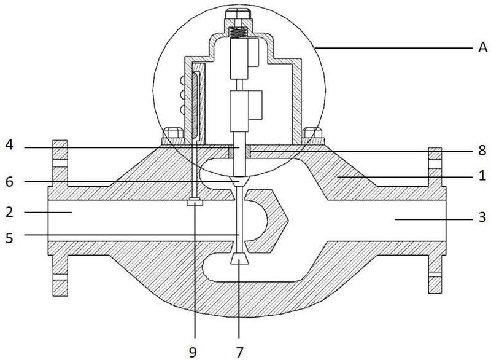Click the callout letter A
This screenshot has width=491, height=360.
[x=482, y=48]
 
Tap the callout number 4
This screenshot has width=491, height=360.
[x=10, y=145]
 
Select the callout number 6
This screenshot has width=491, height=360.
[x=10, y=182]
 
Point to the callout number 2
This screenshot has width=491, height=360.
[x=10, y=213]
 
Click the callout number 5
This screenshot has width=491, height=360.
[x=10, y=238]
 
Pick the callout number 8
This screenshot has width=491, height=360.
[x=482, y=151]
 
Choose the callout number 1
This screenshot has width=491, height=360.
[x=482, y=176]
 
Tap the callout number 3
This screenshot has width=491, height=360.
[x=482, y=217]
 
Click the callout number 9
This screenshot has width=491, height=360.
[x=193, y=353]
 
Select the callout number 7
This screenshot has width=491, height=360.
[x=239, y=353]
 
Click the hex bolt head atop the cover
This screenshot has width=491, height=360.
[x=238, y=14]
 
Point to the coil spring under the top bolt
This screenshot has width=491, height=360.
[x=238, y=33]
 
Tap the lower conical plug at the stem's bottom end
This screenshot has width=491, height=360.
[x=239, y=259]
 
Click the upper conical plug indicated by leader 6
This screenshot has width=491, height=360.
[x=239, y=181]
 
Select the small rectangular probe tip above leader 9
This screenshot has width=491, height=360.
[x=195, y=203]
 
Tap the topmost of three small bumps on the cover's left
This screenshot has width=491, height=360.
[x=181, y=81]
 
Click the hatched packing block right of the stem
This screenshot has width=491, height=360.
[x=247, y=152]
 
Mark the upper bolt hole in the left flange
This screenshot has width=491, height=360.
[x=60, y=163]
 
